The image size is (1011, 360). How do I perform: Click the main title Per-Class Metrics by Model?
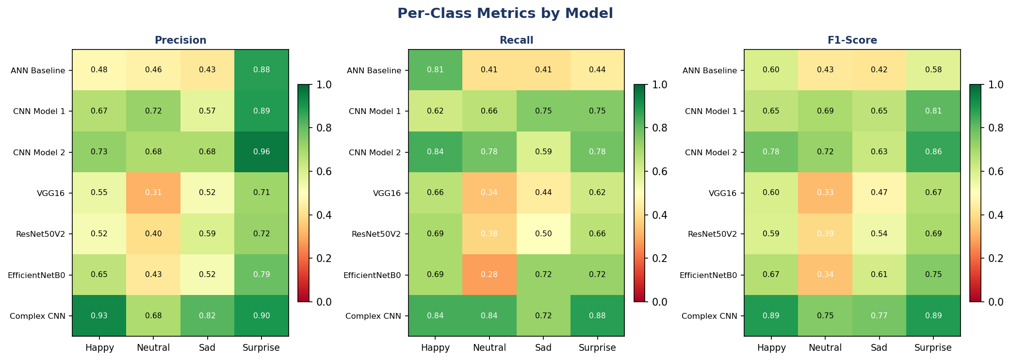tap(505, 14)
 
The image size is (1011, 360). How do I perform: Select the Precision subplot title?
tap(180, 41)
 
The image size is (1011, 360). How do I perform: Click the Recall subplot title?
tap(516, 41)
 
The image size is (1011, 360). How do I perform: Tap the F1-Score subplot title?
tap(852, 41)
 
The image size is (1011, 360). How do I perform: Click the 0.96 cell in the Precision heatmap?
tap(261, 152)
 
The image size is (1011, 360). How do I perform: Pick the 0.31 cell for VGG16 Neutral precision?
tap(153, 193)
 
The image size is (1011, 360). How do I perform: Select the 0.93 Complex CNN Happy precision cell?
tap(99, 316)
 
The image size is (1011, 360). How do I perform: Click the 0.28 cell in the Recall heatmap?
tap(489, 275)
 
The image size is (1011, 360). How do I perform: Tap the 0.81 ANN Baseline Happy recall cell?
tap(435, 70)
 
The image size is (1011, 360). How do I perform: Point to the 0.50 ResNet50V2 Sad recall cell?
tap(543, 234)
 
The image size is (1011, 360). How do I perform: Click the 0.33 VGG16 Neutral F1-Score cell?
tap(825, 193)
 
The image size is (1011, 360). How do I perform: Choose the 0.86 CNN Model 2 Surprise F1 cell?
tap(933, 152)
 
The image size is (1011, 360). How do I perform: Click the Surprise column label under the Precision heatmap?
tap(261, 348)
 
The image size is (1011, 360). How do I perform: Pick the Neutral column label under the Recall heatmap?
tap(489, 348)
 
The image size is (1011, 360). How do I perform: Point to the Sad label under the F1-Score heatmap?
tap(879, 348)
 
